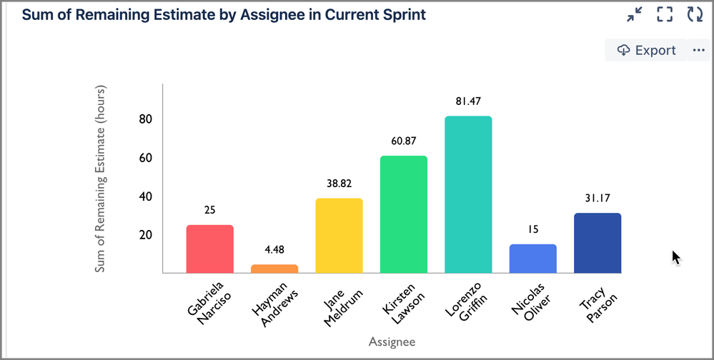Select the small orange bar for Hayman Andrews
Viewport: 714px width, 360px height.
click(274, 269)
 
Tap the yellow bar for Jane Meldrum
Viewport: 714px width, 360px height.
click(339, 236)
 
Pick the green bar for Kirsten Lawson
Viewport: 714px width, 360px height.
click(403, 214)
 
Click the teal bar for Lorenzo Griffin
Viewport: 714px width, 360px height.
click(468, 194)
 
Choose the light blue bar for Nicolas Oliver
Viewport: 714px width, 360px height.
click(532, 259)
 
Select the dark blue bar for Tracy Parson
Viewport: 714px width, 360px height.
click(597, 243)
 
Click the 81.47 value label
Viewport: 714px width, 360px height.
click(468, 101)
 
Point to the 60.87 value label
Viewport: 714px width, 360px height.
click(403, 141)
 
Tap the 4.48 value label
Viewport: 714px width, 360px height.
click(274, 249)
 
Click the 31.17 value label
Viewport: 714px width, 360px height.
click(597, 198)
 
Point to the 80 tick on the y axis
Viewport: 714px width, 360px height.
click(146, 119)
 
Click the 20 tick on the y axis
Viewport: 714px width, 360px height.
click(146, 235)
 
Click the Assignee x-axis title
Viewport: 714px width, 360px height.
click(392, 342)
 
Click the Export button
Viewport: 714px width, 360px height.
click(646, 50)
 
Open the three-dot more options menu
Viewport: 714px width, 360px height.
click(698, 50)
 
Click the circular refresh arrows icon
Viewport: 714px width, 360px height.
click(695, 14)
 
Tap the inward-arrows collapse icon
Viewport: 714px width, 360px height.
click(634, 14)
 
